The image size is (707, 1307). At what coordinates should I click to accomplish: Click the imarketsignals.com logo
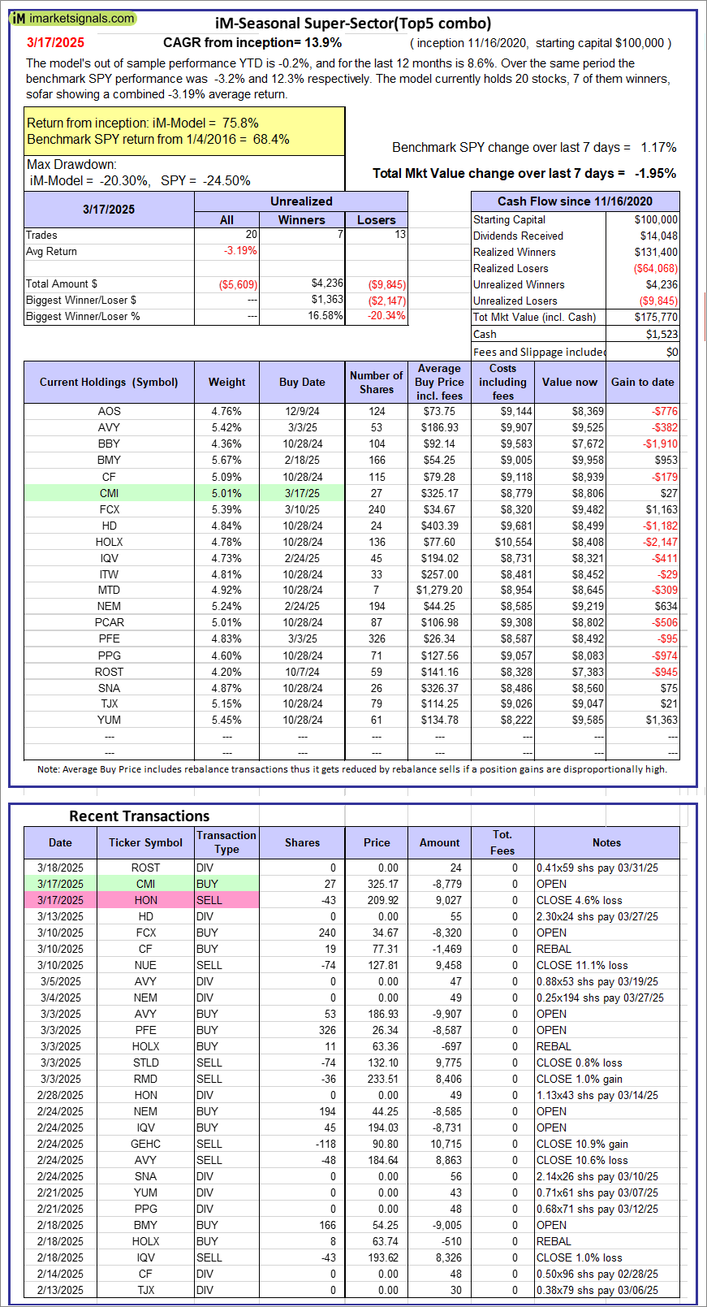73,18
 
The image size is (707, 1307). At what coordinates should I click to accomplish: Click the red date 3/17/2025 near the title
55,42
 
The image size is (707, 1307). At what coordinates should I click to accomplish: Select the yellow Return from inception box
184,132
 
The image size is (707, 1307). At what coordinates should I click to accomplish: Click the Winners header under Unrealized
301,220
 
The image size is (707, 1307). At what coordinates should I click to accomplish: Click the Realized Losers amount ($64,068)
656,268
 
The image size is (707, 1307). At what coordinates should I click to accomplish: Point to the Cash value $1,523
662,335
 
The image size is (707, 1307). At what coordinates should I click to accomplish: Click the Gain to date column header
642,382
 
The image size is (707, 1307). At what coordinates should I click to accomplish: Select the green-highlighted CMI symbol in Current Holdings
109,493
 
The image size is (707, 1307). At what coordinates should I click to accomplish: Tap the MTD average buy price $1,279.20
439,590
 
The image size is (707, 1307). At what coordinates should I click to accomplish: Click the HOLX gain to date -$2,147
660,542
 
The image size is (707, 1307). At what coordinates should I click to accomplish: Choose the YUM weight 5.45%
226,720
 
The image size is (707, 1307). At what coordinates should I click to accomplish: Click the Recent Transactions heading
140,816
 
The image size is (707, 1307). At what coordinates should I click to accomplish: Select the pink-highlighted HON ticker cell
146,900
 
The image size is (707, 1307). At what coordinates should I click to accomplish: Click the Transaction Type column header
226,842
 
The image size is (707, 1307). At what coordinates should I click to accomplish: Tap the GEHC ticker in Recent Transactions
146,1144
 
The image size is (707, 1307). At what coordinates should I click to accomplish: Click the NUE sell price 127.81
383,965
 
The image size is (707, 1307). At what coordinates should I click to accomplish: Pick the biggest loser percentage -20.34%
386,316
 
